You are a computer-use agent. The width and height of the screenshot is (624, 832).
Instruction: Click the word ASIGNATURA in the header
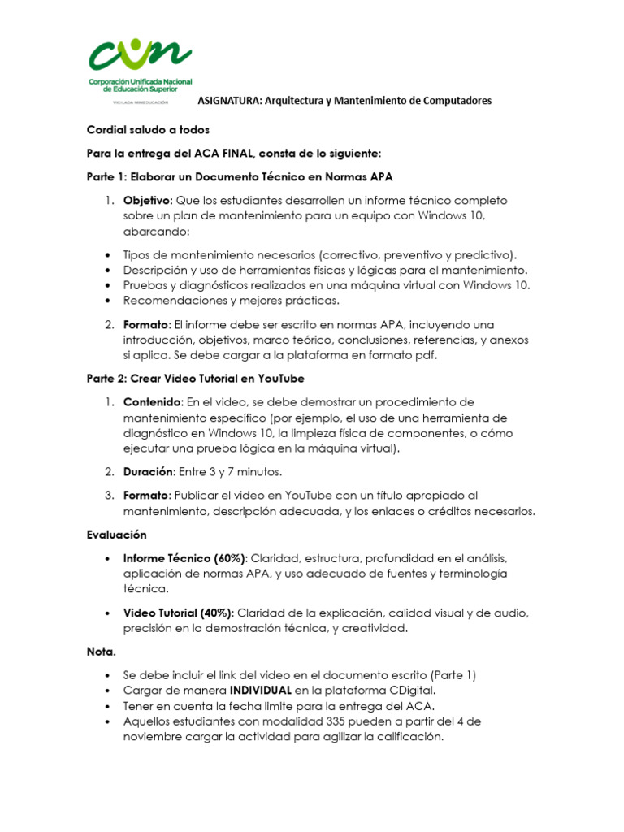(x=230, y=101)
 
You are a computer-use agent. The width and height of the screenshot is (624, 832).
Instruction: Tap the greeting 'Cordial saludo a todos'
(x=148, y=130)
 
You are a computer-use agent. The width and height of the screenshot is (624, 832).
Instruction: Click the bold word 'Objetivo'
(x=146, y=201)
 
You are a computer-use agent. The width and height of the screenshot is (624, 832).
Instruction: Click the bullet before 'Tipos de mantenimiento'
(x=109, y=254)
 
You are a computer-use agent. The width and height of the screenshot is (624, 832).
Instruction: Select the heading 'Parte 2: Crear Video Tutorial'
(x=195, y=379)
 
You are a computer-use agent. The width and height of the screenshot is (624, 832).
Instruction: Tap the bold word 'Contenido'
(x=152, y=402)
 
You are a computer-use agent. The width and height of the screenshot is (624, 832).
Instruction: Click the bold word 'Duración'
(x=148, y=471)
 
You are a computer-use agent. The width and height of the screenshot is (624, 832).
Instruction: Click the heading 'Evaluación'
(x=116, y=535)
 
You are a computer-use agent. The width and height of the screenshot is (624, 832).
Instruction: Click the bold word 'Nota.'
(x=102, y=652)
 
